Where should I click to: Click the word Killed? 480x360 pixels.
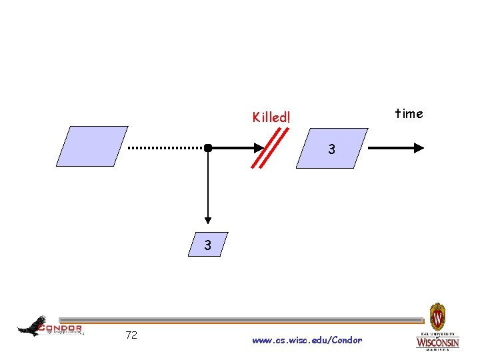[x=271, y=117]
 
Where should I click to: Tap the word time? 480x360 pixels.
[x=409, y=113]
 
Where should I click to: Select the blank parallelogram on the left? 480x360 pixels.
[x=91, y=146]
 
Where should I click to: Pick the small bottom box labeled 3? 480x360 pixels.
[x=208, y=245]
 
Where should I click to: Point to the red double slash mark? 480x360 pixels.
[x=271, y=147]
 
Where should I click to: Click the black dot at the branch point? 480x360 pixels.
[x=208, y=147]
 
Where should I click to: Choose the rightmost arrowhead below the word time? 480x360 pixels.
[x=419, y=147]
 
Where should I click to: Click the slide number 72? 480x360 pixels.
[x=131, y=335]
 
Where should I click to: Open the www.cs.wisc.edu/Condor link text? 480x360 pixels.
[x=307, y=340]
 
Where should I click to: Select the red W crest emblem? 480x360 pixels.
[x=437, y=314]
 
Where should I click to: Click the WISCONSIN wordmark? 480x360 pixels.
[x=437, y=343]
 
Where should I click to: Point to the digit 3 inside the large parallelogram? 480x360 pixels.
[x=331, y=150]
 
